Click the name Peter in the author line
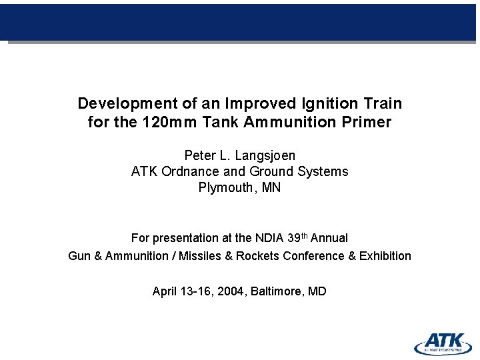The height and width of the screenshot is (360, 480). coord(199,155)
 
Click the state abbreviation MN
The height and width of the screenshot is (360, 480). coord(271,187)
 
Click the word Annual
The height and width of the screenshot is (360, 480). coord(329,238)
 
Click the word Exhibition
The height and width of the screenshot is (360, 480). coord(385,256)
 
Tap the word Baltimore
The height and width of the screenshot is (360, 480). coord(276,291)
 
